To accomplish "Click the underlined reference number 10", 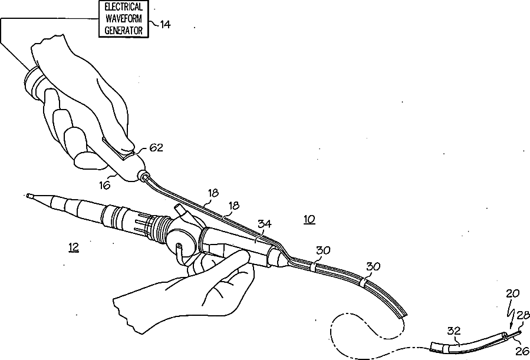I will point(309,219).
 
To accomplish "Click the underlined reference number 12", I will point(74,248).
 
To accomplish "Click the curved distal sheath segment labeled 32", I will point(466,342).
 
